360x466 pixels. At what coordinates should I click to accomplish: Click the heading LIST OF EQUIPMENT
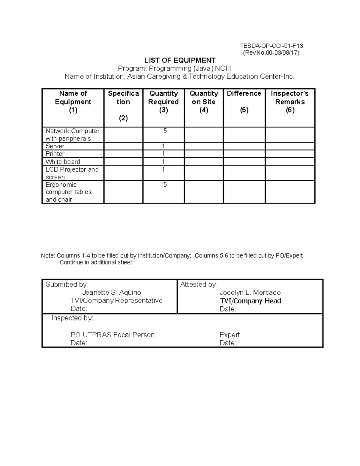[x=180, y=60]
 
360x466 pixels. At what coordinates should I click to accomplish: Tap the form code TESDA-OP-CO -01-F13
[x=271, y=46]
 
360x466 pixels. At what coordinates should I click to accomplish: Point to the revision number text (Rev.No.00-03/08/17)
[x=271, y=53]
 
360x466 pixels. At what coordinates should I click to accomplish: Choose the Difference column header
[x=244, y=94]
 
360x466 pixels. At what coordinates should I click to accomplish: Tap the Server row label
[x=55, y=146]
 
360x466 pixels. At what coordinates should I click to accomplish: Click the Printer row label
[x=55, y=154]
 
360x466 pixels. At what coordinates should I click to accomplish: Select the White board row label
[x=63, y=162]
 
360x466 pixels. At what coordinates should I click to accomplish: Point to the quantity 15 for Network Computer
[x=163, y=131]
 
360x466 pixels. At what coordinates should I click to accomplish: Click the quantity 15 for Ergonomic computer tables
[x=163, y=185]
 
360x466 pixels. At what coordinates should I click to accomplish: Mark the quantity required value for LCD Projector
[x=163, y=170]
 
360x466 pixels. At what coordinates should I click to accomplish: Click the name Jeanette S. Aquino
[x=112, y=293]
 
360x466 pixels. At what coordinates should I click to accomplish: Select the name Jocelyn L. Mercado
[x=250, y=293]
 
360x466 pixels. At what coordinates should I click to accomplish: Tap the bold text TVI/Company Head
[x=250, y=301]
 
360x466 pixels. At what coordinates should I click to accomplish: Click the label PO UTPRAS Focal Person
[x=112, y=335]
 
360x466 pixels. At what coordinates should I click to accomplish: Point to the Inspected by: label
[x=72, y=318]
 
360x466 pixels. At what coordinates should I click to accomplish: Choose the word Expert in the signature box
[x=229, y=335]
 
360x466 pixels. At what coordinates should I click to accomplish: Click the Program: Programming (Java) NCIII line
[x=174, y=68]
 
